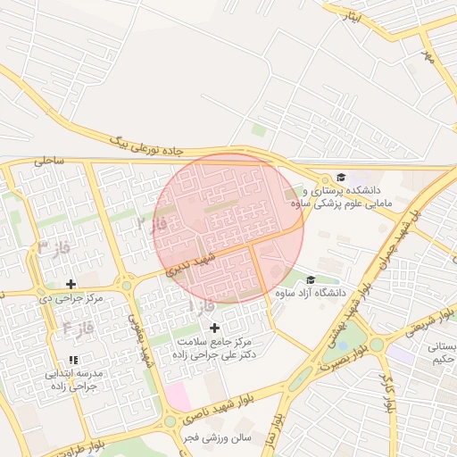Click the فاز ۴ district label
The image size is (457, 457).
[x=79, y=329]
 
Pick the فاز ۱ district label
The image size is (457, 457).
[x=202, y=306]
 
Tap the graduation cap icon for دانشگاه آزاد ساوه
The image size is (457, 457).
[x=310, y=279]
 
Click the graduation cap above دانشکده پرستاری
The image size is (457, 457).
[x=340, y=177]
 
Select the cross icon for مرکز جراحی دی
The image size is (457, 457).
[x=71, y=284]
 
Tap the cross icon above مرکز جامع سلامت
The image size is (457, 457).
[x=214, y=328]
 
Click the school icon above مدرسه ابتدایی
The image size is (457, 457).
[x=72, y=359]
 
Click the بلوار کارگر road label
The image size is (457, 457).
[x=387, y=391]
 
